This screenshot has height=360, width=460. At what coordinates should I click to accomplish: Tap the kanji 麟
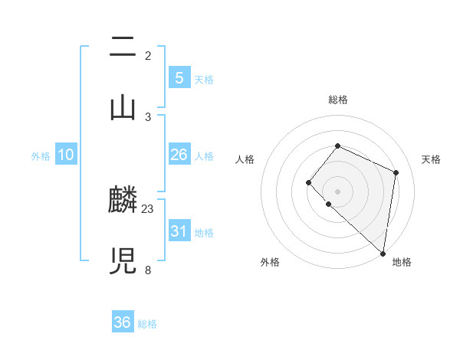click(123, 201)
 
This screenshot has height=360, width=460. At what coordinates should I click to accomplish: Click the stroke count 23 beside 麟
click(148, 208)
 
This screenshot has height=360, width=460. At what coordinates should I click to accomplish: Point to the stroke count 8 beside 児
click(147, 270)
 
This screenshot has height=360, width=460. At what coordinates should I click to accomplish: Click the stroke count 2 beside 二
click(147, 56)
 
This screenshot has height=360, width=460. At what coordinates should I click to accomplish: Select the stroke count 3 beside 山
click(147, 116)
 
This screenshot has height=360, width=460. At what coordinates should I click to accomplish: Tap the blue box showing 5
click(179, 77)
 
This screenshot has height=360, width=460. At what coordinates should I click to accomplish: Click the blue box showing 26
click(179, 155)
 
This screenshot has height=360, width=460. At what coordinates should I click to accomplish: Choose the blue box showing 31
click(179, 231)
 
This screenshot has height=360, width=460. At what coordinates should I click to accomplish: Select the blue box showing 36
click(122, 322)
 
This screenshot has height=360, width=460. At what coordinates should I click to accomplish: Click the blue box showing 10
click(66, 155)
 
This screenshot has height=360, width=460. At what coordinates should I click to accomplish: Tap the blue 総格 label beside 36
click(147, 324)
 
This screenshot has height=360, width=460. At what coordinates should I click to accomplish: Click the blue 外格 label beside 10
click(41, 156)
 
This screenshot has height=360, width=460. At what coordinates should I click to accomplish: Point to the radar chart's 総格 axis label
click(337, 100)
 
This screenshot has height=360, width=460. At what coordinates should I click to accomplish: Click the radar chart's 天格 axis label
click(431, 159)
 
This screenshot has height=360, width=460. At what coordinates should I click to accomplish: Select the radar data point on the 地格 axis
click(383, 254)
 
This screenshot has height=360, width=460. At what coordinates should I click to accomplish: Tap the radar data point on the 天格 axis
click(396, 172)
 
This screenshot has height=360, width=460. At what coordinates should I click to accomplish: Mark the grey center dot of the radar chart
click(337, 191)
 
